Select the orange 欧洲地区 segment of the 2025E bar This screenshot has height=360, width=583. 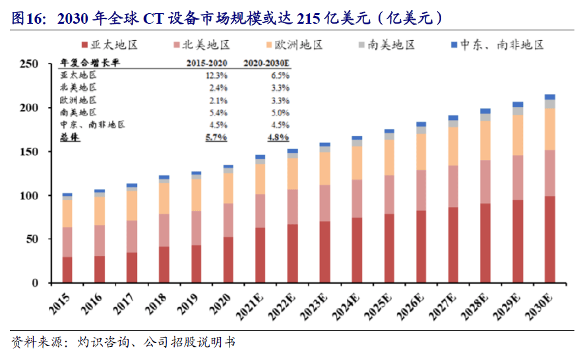click(389, 157)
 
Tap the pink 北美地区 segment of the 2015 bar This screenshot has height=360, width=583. click(67, 241)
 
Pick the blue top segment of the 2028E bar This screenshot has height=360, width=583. click(485, 111)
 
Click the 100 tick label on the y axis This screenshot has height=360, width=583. click(32, 196)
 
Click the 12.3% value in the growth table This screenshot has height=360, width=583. click(217, 76)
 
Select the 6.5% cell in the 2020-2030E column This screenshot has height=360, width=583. click(278, 76)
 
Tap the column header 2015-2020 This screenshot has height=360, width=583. click(207, 63)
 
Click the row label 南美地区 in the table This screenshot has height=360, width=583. click(78, 112)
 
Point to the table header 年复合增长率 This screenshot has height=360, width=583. click(85, 63)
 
